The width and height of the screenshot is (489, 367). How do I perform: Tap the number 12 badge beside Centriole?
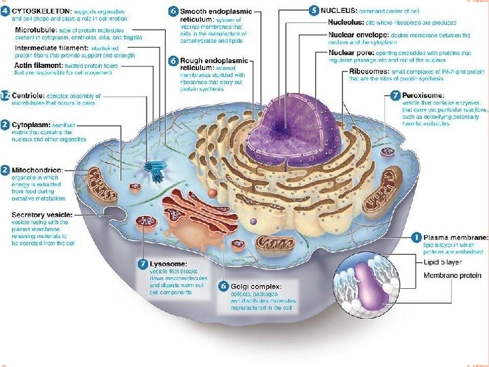click(5, 97)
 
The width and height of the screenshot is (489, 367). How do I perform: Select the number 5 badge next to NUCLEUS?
click(313, 10)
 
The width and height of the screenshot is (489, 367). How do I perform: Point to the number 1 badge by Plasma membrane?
click(416, 237)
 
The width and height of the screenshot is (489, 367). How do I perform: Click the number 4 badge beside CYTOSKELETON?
click(5, 11)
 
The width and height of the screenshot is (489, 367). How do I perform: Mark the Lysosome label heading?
click(170, 264)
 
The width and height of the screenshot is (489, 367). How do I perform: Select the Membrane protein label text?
click(452, 275)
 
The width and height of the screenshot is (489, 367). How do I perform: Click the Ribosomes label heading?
click(371, 71)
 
